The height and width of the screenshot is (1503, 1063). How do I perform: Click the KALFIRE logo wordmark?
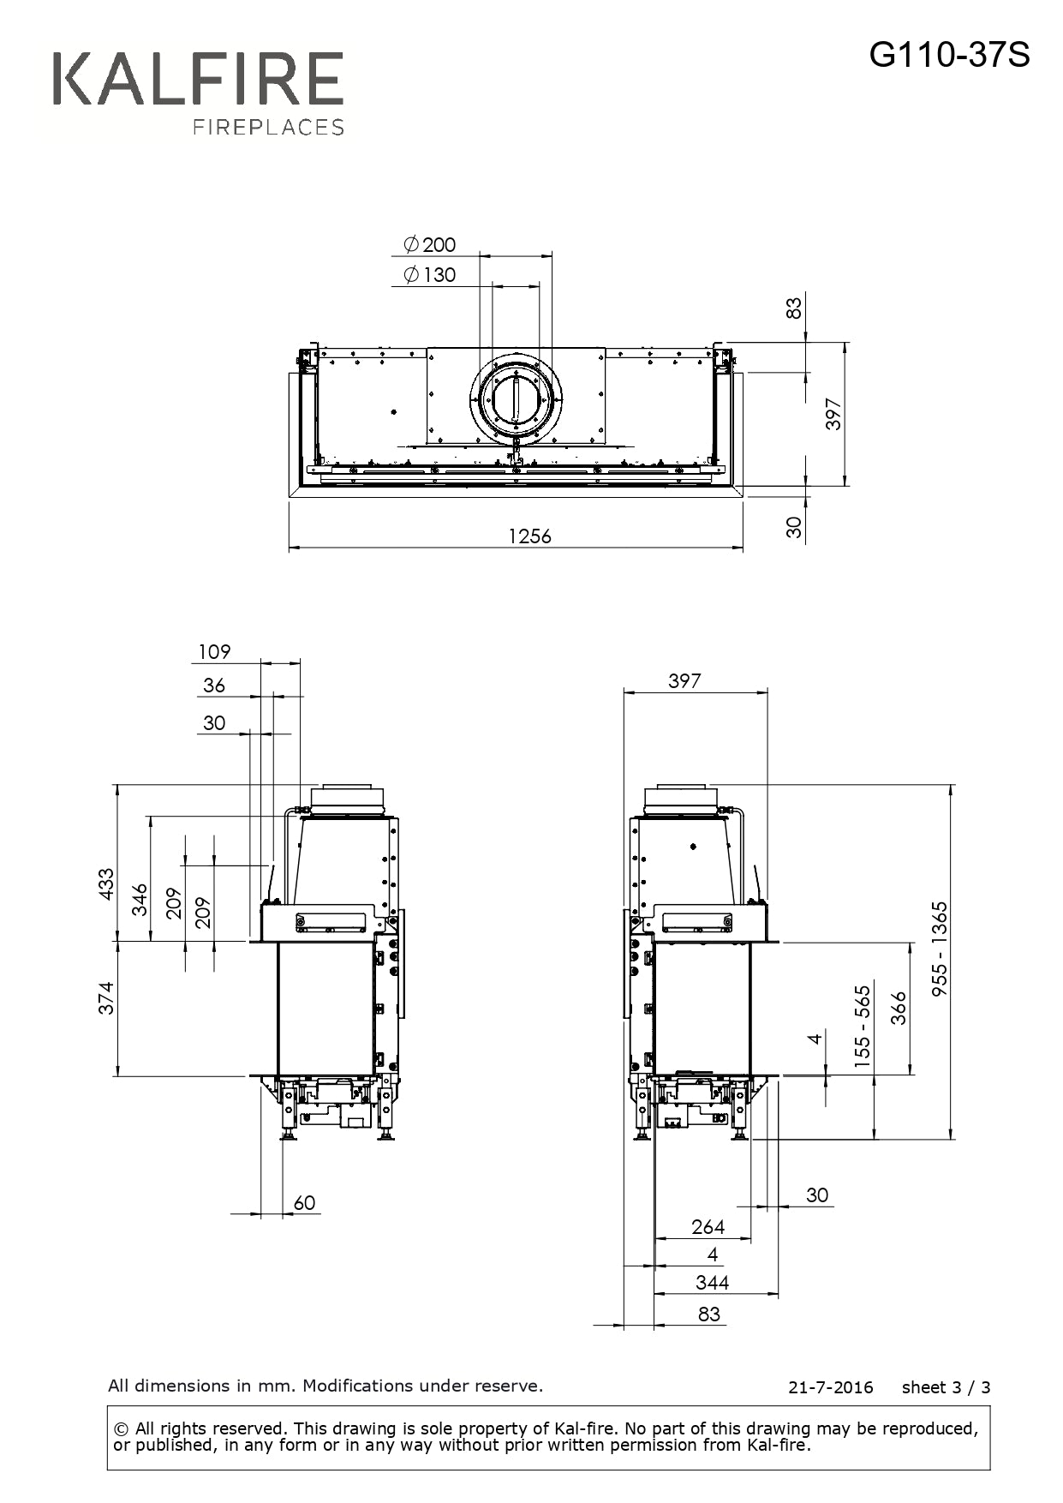coord(198,79)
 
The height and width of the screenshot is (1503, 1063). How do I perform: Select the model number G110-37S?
coord(950,56)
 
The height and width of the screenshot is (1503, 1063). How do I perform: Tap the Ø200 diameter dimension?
coord(430,244)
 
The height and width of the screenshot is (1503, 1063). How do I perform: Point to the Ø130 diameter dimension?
coord(430,275)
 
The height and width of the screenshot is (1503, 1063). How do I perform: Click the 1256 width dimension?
coord(530,536)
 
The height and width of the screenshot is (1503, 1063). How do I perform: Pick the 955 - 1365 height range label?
coord(940,948)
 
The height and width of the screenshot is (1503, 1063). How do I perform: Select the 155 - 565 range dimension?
coord(862,1027)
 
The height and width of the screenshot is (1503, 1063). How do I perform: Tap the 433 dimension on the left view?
coord(105,883)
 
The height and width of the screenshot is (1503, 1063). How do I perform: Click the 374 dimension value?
coord(105,998)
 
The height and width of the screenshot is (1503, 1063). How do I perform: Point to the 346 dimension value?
coord(140,900)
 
